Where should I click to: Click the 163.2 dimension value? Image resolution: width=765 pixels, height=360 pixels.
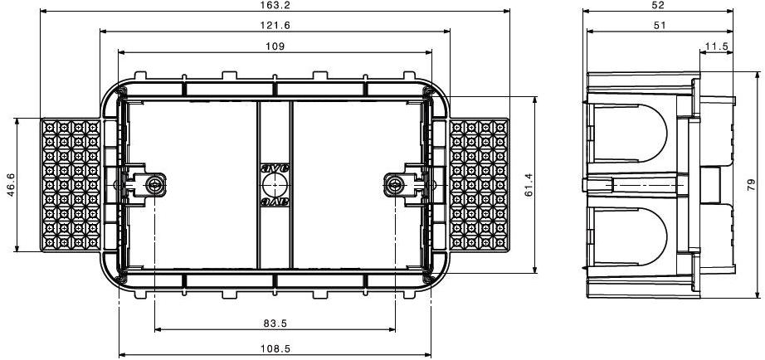275,5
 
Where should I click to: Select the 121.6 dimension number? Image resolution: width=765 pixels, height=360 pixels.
275,26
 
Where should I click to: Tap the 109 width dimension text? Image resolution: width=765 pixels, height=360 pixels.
275,46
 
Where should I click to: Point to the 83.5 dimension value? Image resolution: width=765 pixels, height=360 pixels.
275,323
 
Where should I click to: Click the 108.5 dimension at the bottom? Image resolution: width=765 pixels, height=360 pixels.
275,348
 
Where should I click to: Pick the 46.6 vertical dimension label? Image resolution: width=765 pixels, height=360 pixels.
10,185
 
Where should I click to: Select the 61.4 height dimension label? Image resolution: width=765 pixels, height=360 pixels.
529,185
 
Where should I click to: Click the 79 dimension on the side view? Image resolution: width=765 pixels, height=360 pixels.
752,184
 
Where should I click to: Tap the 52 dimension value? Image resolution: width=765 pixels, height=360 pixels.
658,5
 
